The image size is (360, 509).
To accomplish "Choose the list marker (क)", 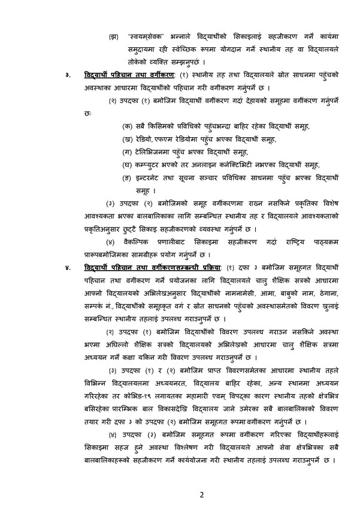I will pos(126,125).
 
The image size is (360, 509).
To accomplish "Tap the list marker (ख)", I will pos(126,139).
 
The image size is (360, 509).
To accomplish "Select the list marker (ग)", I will pos(126,152).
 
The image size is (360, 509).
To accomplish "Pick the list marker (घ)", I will pos(126,165).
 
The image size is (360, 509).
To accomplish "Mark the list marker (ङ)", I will pos(126,178).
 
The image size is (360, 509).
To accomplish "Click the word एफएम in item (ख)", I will pos(165,139).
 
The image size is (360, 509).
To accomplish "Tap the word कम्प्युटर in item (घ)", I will pos(150,165).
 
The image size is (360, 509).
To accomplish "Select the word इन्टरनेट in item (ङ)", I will pos(150,178).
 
